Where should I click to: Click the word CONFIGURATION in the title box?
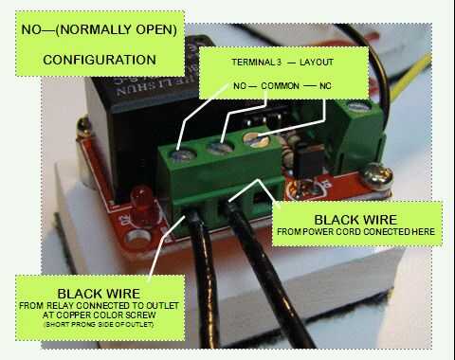click(x=100, y=60)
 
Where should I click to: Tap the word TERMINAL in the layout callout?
click(x=254, y=63)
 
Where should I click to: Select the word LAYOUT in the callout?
click(x=317, y=63)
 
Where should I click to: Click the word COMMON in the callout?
click(x=280, y=86)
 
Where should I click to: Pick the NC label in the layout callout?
click(x=325, y=86)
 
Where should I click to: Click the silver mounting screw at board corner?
click(x=378, y=176)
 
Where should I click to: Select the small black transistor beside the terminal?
click(x=308, y=160)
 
